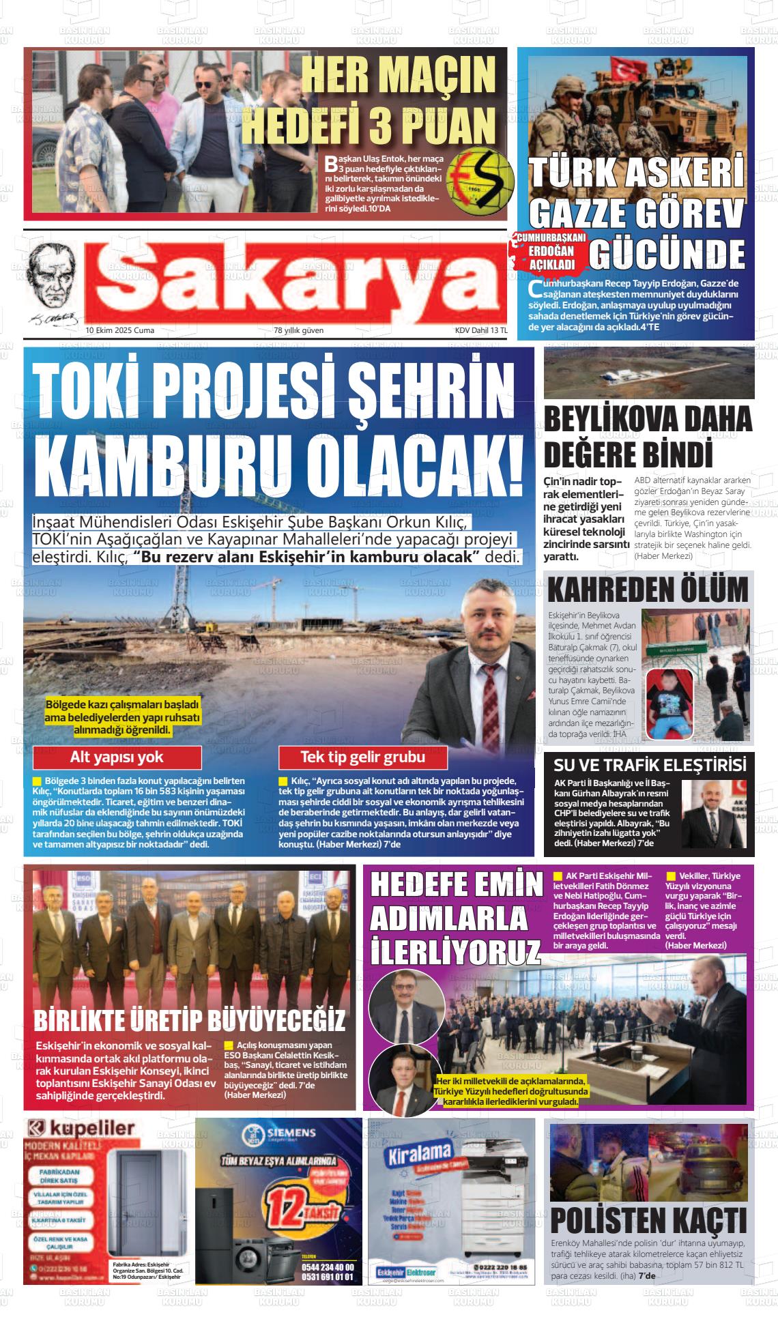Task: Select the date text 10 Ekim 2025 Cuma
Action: click(x=120, y=330)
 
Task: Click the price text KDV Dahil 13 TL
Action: click(x=481, y=330)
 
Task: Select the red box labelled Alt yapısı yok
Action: click(x=117, y=757)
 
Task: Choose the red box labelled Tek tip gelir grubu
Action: click(x=362, y=757)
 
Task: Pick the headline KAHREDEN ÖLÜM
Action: click(x=648, y=589)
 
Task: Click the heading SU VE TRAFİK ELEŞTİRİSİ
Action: click(x=649, y=764)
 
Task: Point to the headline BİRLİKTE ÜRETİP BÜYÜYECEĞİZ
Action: click(x=190, y=1021)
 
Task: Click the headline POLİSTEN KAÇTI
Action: click(x=648, y=1219)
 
